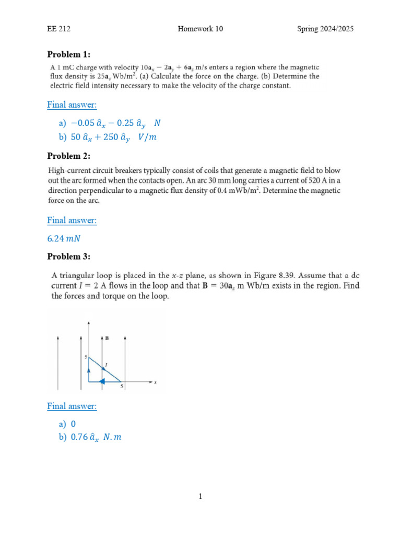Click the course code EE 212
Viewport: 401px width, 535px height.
[58, 29]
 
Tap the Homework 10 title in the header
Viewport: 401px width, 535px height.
[200, 29]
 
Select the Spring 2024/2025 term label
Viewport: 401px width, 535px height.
[325, 29]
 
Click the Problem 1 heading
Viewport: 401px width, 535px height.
[69, 54]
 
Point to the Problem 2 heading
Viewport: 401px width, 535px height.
[69, 156]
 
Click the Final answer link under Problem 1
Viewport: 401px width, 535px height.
[72, 104]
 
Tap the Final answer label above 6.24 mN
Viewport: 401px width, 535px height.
[72, 220]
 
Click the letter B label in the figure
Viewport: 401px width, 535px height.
[107, 338]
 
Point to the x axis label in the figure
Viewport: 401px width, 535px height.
[156, 382]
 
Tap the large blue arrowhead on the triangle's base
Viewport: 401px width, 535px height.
[103, 381]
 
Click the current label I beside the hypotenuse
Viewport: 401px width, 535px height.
[106, 364]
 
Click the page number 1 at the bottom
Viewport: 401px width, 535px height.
[200, 497]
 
